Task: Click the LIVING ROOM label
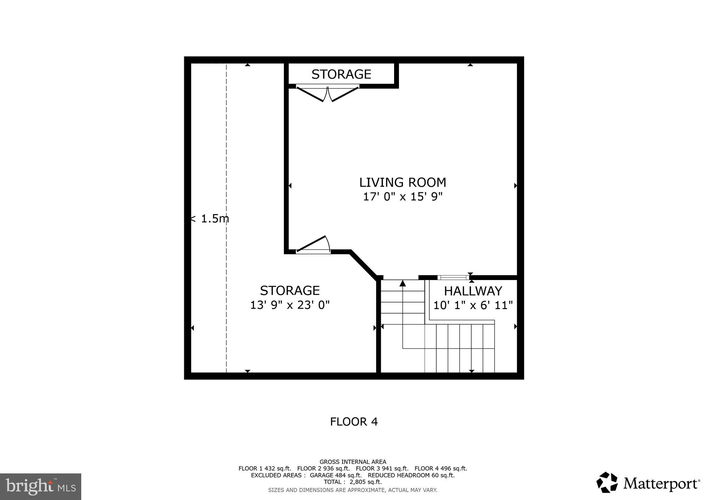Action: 402,182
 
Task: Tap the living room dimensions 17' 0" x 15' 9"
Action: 402,197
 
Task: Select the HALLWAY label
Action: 473,291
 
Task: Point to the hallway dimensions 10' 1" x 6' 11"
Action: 473,305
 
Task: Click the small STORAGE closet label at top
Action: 341,74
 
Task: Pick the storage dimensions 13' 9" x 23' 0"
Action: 290,305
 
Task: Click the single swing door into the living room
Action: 313,245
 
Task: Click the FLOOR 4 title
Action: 354,422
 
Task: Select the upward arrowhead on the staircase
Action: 402,283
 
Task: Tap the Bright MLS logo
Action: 40,487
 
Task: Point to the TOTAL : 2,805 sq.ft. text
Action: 353,482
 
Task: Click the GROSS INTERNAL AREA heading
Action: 353,462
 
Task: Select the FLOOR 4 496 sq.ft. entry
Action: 440,469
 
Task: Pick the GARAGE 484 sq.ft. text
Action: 335,475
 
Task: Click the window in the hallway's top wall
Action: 453,277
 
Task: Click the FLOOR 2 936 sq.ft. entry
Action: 323,469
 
